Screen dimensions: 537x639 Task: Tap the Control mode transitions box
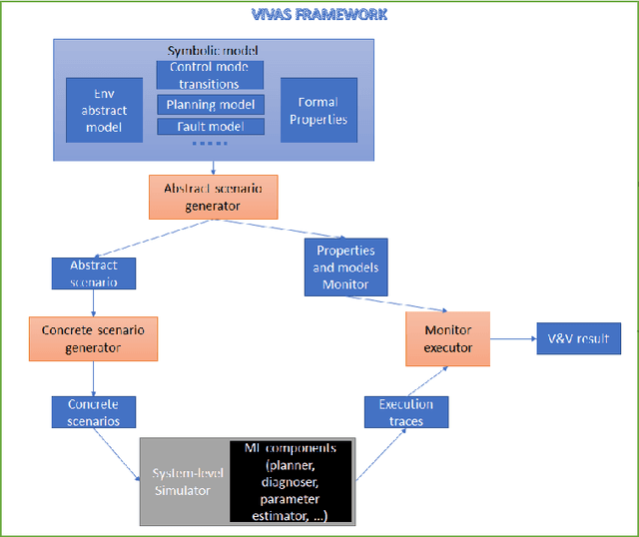point(210,75)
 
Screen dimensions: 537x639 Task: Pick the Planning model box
point(210,104)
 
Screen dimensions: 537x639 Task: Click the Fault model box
point(210,127)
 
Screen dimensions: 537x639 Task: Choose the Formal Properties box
point(318,109)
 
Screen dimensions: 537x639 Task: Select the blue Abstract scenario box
point(93,273)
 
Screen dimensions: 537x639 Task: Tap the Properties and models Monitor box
point(345,267)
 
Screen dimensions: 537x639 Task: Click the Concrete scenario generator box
point(94,338)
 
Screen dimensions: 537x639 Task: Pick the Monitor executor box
point(447,338)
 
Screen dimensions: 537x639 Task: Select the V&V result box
point(578,338)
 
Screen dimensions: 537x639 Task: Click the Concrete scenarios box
point(93,412)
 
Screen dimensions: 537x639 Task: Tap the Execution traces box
point(406,412)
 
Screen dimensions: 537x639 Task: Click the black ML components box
point(292,481)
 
